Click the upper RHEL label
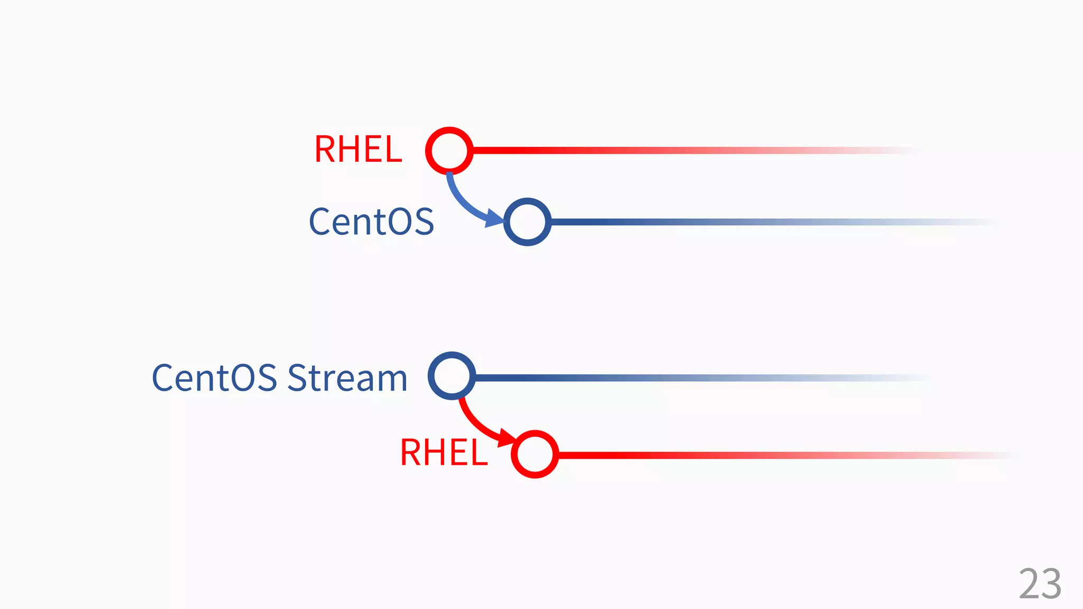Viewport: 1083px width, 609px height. point(358,150)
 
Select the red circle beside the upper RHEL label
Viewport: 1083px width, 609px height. point(449,151)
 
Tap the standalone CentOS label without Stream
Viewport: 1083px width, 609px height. point(371,222)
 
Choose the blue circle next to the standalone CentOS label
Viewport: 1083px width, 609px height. point(527,222)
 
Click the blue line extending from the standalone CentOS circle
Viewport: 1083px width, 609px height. point(740,222)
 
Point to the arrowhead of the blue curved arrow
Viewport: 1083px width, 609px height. point(494,217)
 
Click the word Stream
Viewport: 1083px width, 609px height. point(347,378)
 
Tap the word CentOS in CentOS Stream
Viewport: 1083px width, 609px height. point(214,378)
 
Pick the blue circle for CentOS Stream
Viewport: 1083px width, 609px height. point(452,376)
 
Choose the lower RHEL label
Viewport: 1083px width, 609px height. point(444,453)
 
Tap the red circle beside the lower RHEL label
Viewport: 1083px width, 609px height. point(535,454)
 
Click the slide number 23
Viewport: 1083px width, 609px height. point(1040,584)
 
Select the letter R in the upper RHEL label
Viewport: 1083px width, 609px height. point(325,150)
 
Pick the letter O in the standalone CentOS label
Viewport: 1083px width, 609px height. point(400,222)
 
